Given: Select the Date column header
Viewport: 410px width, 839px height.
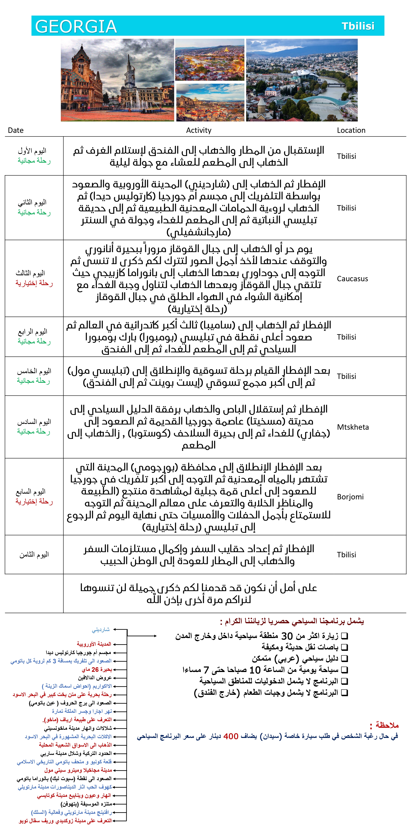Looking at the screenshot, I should coord(16,130).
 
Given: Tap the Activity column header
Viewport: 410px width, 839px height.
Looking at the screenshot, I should coord(199,130).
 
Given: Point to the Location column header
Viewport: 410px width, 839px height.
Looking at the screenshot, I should coord(351,130).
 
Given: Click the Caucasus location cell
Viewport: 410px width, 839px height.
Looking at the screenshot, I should coord(352,279).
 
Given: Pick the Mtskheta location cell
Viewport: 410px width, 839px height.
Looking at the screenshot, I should coord(353,427).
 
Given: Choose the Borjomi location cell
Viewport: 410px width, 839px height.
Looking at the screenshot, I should coord(350,497).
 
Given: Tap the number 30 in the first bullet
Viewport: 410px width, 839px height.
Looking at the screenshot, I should coord(287,636).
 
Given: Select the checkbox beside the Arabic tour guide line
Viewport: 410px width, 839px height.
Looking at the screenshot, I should coord(345,659).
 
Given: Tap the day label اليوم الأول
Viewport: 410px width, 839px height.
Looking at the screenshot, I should coord(32,151).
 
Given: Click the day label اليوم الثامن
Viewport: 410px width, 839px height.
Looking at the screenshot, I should coord(34,554).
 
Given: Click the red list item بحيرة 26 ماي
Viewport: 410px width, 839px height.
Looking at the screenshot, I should coord(97,670).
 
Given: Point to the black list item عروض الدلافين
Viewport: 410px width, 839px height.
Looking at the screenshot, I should coord(95,678).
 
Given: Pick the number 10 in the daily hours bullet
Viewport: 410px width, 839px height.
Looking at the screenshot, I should coord(255,670).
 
